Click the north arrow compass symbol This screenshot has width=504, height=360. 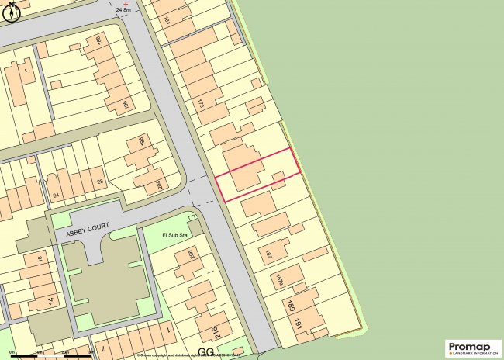(x=9, y=13)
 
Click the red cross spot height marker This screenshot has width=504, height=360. (x=126, y=4)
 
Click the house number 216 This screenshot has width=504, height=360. (x=214, y=334)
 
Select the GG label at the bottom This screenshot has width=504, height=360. (x=205, y=351)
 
